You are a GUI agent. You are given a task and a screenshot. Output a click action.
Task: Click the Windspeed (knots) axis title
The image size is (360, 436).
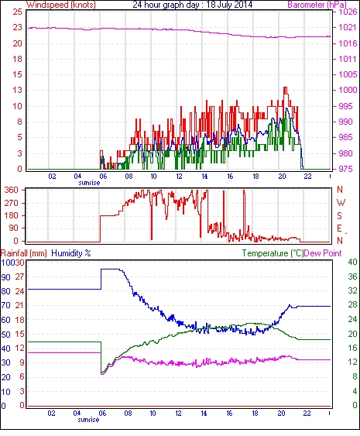point(61,5)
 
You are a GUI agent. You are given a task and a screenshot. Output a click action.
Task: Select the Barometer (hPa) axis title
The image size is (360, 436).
point(317,5)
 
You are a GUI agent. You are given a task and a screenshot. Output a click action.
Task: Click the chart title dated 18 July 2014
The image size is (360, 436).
point(192,5)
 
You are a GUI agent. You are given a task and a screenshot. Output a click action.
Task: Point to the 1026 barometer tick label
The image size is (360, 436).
point(348,12)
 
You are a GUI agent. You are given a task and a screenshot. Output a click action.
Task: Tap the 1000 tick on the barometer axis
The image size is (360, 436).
point(348,90)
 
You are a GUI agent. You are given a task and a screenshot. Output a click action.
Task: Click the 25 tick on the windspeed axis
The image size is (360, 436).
point(18,12)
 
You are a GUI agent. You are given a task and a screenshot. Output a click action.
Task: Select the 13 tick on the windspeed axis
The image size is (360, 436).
point(18,90)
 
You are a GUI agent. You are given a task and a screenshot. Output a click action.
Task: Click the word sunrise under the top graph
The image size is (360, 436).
point(89,183)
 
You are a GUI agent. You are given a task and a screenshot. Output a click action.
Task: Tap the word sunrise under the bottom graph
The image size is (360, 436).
point(88,420)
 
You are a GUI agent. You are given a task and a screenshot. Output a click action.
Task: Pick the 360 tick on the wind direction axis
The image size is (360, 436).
point(12,191)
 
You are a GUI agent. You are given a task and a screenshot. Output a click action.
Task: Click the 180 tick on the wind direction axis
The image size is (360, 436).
point(12,215)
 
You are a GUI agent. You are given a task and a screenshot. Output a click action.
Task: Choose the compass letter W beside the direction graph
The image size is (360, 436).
point(341,203)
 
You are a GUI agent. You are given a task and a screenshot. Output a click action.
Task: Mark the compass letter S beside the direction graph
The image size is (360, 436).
point(339,215)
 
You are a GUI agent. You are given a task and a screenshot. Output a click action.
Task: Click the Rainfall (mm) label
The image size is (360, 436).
point(24,253)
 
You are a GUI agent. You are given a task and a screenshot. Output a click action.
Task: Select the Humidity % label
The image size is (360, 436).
point(71,253)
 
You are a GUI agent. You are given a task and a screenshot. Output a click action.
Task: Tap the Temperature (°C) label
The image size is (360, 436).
point(273,253)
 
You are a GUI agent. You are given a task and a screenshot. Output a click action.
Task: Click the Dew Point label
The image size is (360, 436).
point(323,253)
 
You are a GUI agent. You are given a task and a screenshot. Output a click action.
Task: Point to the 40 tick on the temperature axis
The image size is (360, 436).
point(352,263)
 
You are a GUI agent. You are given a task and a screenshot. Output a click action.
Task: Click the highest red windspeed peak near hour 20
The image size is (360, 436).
point(285,88)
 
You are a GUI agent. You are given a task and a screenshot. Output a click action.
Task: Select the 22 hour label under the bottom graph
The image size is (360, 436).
point(307,414)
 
